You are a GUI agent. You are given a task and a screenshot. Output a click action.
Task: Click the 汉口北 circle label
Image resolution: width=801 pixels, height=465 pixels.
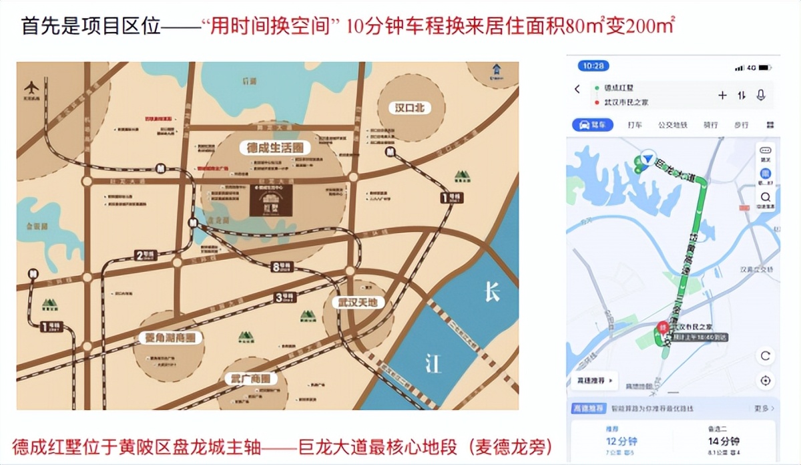(x=410, y=108)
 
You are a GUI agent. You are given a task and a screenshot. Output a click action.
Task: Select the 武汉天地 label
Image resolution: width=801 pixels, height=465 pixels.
(x=357, y=303)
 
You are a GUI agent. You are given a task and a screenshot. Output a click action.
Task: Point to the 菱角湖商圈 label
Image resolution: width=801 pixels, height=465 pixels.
(x=170, y=338)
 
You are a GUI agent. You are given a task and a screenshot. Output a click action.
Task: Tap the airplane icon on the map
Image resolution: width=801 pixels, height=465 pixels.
(x=31, y=88)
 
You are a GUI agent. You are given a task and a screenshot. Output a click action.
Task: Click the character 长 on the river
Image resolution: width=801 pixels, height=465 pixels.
(x=491, y=292)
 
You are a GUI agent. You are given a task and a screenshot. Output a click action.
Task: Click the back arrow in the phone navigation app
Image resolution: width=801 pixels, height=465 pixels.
(x=577, y=90)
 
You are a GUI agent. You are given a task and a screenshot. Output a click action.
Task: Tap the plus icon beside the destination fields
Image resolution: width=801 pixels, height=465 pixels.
(x=722, y=96)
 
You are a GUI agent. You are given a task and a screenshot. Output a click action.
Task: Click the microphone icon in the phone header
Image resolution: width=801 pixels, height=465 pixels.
(x=762, y=96)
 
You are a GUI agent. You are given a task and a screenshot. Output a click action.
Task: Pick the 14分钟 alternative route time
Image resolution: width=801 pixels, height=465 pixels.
(x=724, y=442)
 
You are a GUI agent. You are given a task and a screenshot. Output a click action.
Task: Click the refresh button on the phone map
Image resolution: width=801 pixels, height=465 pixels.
(x=765, y=356)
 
